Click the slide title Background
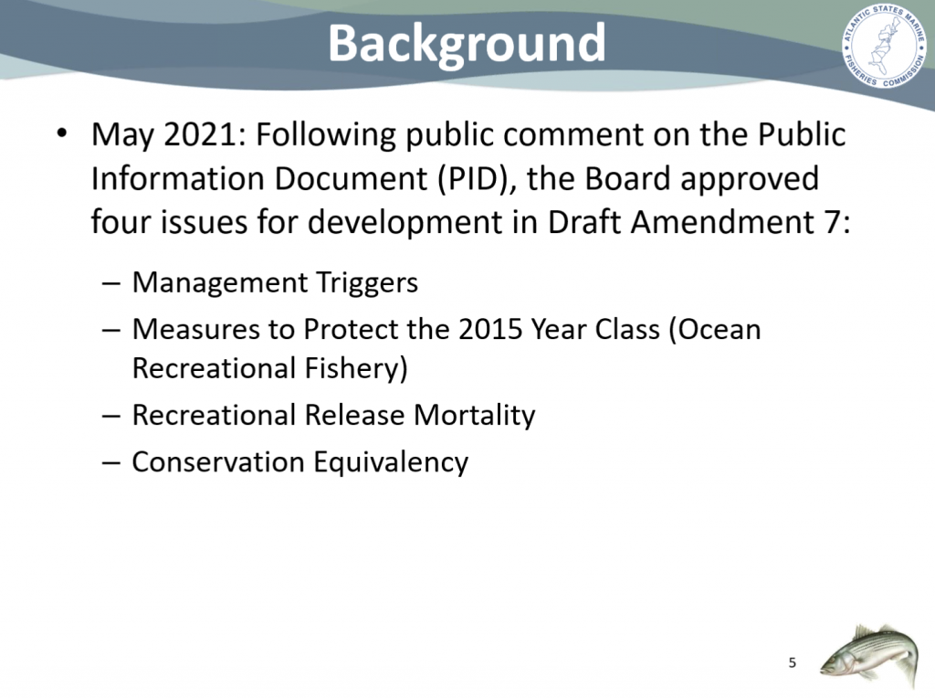467,44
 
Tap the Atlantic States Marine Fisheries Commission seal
885,47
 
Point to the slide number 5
792,662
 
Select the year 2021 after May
200,134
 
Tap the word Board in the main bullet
627,178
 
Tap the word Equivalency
391,462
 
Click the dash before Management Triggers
110,283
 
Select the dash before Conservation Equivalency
110,463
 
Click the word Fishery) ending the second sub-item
356,368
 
